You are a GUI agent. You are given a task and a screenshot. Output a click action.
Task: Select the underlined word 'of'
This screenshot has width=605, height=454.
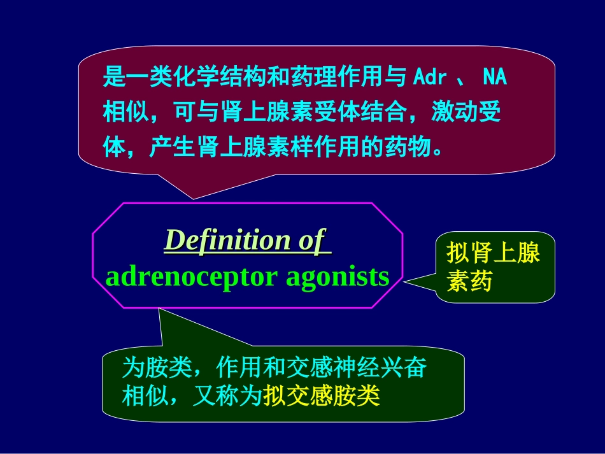[311, 241]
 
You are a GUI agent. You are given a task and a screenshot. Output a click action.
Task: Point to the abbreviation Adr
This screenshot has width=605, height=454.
[430, 78]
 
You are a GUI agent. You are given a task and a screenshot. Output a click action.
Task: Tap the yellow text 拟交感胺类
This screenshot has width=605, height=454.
[322, 397]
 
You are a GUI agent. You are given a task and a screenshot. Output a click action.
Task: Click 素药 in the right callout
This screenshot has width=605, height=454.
[469, 281]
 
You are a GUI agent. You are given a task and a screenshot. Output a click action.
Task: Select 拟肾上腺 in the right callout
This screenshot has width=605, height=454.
[493, 253]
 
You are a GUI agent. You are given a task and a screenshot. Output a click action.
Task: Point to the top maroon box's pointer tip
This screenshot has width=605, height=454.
[192, 197]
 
